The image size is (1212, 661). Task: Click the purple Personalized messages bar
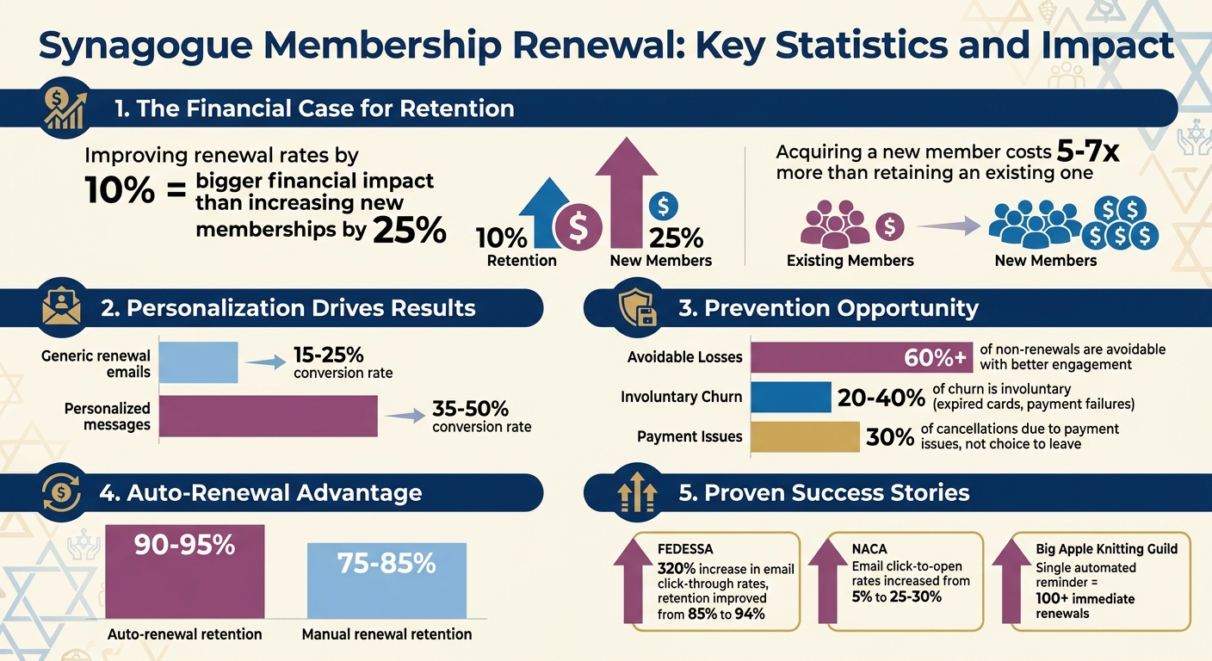269,416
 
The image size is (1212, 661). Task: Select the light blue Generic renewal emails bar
199,362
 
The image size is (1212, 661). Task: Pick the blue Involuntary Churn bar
791,397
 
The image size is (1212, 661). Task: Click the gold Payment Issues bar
805,436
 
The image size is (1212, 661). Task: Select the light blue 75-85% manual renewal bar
386,580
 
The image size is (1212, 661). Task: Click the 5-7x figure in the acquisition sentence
1087,151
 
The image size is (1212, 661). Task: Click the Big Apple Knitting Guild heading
1106,548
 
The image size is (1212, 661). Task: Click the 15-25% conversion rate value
328,355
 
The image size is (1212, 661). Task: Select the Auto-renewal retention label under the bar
184,634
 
